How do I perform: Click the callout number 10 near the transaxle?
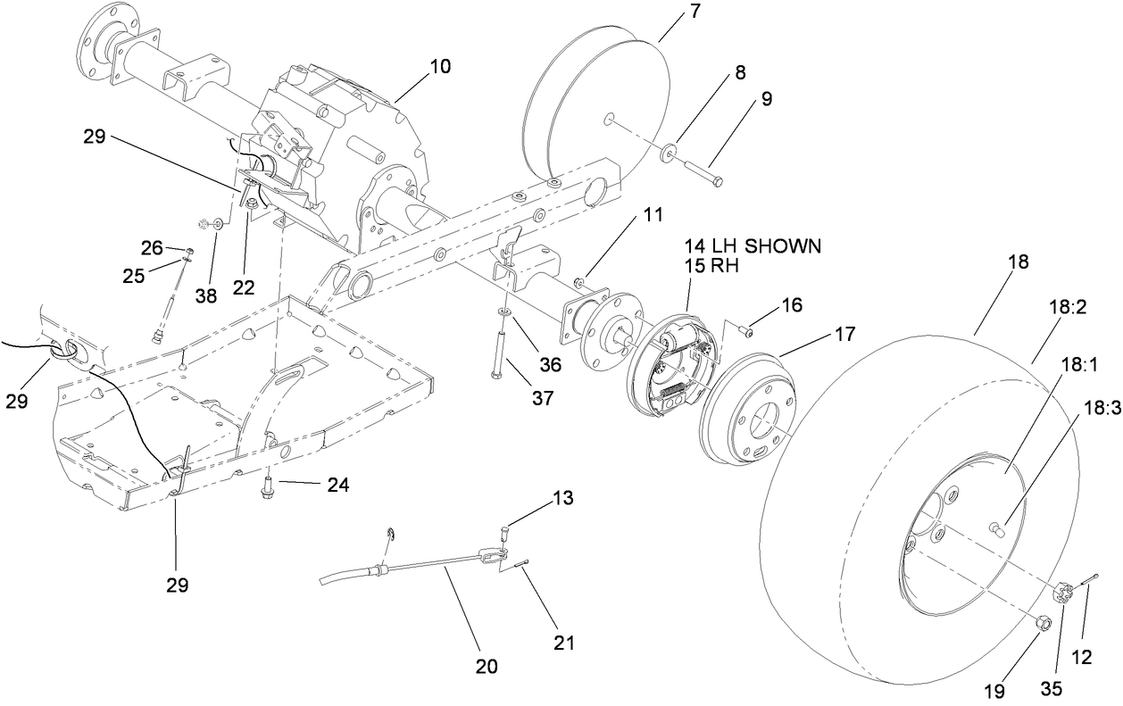click(x=439, y=66)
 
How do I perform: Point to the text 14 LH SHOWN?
click(x=753, y=246)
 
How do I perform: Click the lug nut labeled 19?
click(x=1043, y=621)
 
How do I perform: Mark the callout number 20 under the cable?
click(x=487, y=666)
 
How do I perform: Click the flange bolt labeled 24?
click(x=267, y=486)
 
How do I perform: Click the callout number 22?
click(x=243, y=287)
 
